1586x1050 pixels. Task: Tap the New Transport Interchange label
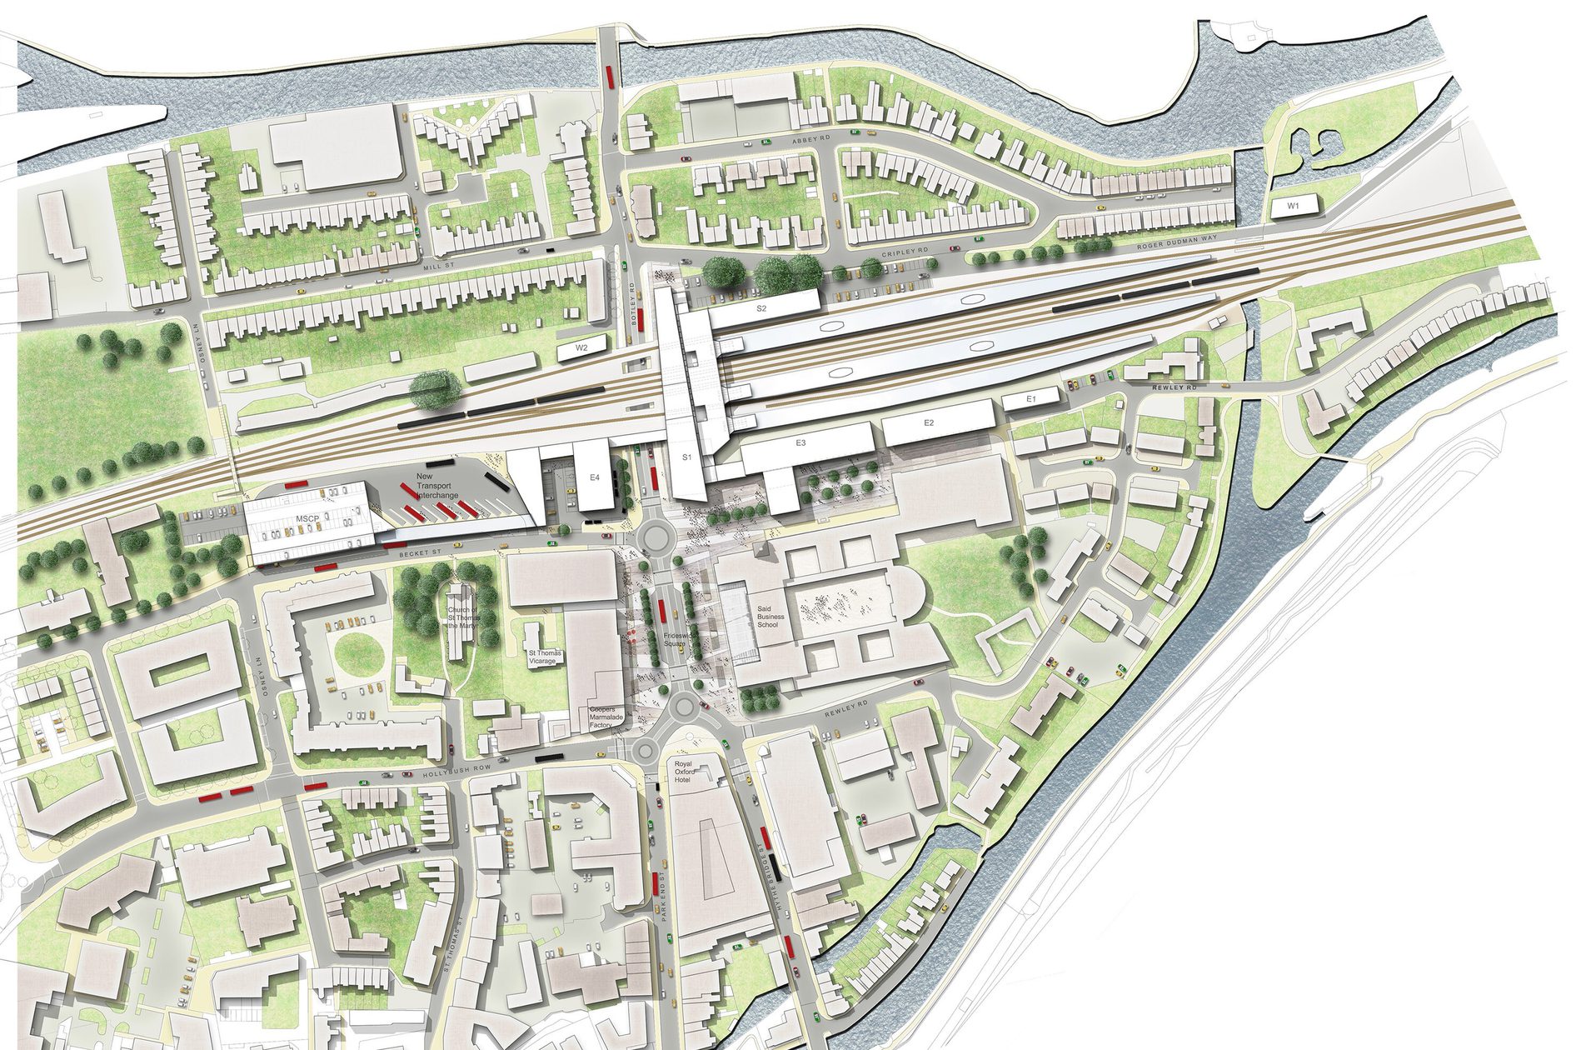click(x=437, y=487)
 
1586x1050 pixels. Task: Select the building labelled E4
click(x=594, y=477)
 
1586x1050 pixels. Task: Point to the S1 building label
click(x=687, y=457)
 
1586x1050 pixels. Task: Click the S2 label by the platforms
click(x=761, y=308)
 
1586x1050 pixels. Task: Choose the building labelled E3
click(x=800, y=443)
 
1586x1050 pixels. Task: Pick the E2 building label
click(x=930, y=423)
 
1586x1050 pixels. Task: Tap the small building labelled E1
click(x=1030, y=400)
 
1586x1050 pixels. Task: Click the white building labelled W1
click(x=1293, y=205)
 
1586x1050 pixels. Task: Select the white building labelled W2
click(x=581, y=347)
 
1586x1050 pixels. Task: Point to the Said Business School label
click(x=767, y=617)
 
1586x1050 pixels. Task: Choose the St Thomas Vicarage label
click(x=546, y=657)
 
